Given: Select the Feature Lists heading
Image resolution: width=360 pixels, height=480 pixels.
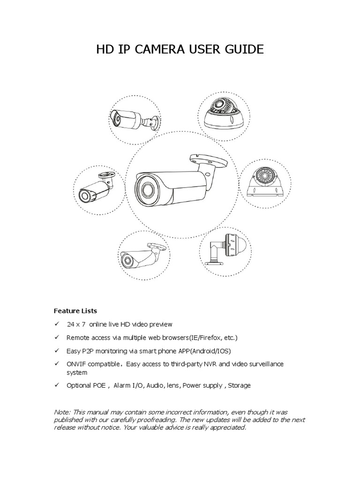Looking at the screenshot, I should tap(75, 310).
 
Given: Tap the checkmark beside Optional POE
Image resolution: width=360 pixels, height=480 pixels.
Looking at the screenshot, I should tap(57, 385).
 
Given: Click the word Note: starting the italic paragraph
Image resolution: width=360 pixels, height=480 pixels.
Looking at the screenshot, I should tap(62, 412).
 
